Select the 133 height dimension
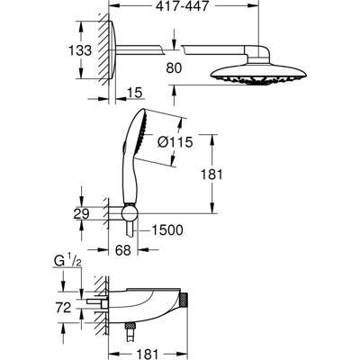(x=81, y=50)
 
